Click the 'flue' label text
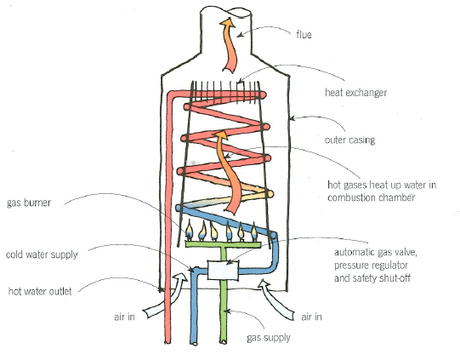tap(303, 35)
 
